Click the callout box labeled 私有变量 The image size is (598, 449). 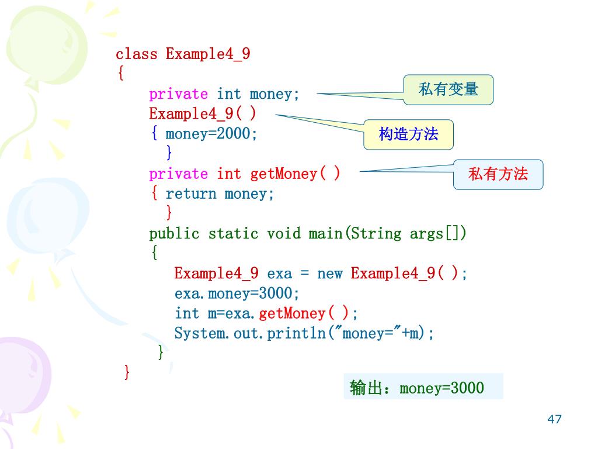[448, 89]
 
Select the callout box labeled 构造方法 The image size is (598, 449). [408, 134]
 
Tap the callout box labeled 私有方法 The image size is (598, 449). [498, 174]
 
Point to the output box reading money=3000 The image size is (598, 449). [423, 387]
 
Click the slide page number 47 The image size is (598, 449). [554, 419]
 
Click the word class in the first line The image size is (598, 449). [137, 54]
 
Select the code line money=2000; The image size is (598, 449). [211, 134]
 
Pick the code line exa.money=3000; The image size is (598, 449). [237, 293]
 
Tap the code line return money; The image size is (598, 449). [220, 194]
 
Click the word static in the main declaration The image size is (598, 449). [233, 234]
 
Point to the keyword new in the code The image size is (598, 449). [329, 274]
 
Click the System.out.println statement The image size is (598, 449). [304, 333]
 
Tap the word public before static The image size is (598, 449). [174, 234]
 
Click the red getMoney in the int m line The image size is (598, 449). [291, 313]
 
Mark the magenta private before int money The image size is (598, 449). [178, 94]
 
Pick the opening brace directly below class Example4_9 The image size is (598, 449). [120, 74]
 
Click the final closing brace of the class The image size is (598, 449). [127, 372]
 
